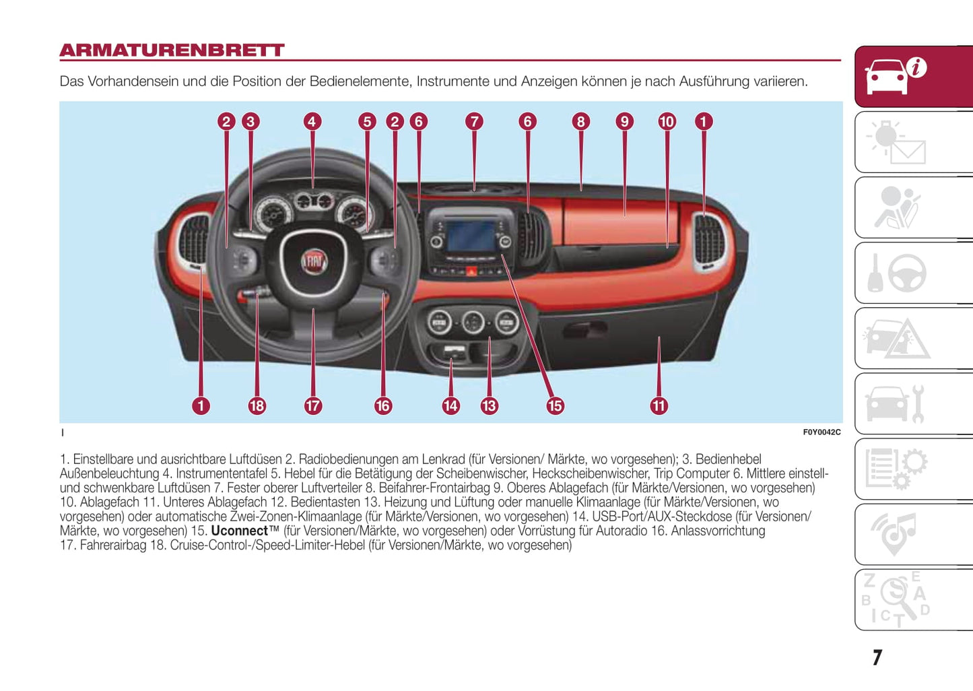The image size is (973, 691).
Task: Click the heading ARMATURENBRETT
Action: [172, 51]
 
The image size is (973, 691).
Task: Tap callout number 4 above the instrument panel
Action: [312, 121]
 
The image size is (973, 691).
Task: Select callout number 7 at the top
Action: [474, 121]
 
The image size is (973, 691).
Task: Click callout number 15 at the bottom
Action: [555, 405]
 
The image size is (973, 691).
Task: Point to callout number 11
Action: [659, 405]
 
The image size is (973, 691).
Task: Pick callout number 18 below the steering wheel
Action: [257, 405]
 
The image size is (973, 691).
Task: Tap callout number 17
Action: [312, 405]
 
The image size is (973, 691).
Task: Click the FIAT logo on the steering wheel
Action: [313, 261]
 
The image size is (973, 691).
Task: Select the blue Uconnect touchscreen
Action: [471, 236]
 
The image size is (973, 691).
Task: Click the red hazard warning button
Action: [471, 271]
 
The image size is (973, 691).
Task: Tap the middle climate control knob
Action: [473, 322]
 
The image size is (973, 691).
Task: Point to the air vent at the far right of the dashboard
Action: [708, 240]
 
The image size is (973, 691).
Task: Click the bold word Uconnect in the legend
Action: [240, 531]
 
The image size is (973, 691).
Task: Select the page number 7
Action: [877, 657]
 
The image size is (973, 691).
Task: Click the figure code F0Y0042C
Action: [821, 432]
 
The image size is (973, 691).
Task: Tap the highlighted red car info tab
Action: [913, 76]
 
